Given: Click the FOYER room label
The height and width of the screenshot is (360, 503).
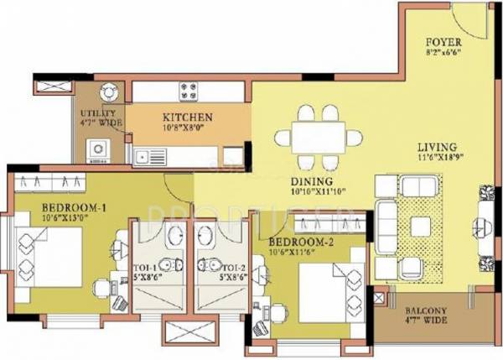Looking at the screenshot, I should point(443,40).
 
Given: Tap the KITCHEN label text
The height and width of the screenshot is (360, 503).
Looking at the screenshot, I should point(187,117).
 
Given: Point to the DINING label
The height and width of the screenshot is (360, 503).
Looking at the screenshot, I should point(312,181).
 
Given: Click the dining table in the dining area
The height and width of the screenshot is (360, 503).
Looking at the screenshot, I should point(320,138).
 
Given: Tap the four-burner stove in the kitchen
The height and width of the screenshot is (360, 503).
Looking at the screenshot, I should point(187,90).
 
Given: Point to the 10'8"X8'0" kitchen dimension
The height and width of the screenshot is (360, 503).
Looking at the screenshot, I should point(187,128).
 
